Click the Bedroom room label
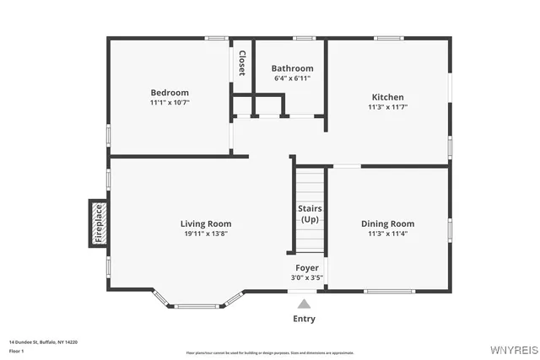pyautogui.click(x=170, y=93)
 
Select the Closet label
pyautogui.click(x=242, y=63)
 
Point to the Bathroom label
pyautogui.click(x=292, y=68)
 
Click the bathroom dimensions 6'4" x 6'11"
pyautogui.click(x=292, y=78)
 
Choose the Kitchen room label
pyautogui.click(x=387, y=97)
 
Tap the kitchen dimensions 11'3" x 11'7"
pyautogui.click(x=387, y=107)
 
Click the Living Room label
pyautogui.click(x=206, y=223)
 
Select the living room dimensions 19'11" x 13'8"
pyautogui.click(x=206, y=234)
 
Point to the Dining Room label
pyautogui.click(x=387, y=223)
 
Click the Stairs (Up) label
pyautogui.click(x=309, y=213)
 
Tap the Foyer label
pyautogui.click(x=307, y=267)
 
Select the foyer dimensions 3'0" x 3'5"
pyautogui.click(x=307, y=277)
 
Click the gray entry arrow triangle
pyautogui.click(x=304, y=303)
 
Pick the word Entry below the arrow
pyautogui.click(x=304, y=319)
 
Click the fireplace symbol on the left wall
pyautogui.click(x=97, y=224)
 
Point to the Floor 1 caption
pyautogui.click(x=16, y=351)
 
